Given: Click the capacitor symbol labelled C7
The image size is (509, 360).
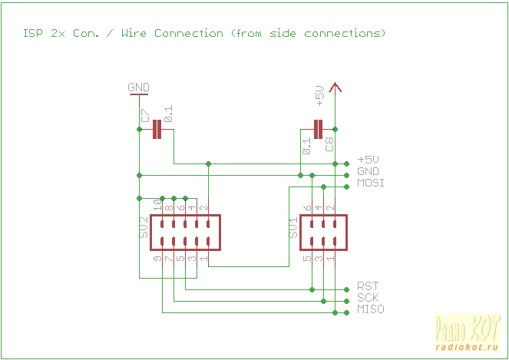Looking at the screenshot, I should point(157,129).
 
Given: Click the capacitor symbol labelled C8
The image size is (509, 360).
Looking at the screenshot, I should point(318,129).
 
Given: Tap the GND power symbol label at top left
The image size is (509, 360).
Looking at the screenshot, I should point(138,88).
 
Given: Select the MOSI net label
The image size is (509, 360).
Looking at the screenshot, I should point(371,183).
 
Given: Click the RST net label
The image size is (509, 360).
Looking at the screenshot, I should point(368,286).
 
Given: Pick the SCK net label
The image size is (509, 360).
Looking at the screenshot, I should point(368,298).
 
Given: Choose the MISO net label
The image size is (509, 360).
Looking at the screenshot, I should point(371,309).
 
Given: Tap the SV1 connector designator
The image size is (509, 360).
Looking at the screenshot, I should point(293,228).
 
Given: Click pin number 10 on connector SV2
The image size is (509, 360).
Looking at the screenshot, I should point(158,205).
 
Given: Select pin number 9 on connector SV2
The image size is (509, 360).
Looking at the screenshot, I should point(157,260).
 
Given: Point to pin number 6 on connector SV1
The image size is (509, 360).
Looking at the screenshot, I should point(308,207).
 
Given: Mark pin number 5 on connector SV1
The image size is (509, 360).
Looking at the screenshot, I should point(308,260).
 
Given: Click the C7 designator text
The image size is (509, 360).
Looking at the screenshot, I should point(145,116).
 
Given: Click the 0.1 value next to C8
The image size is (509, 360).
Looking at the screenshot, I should point(306,145).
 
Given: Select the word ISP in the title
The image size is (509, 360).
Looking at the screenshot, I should point(32,33).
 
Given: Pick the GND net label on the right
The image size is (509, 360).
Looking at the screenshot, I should point(369,171).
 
